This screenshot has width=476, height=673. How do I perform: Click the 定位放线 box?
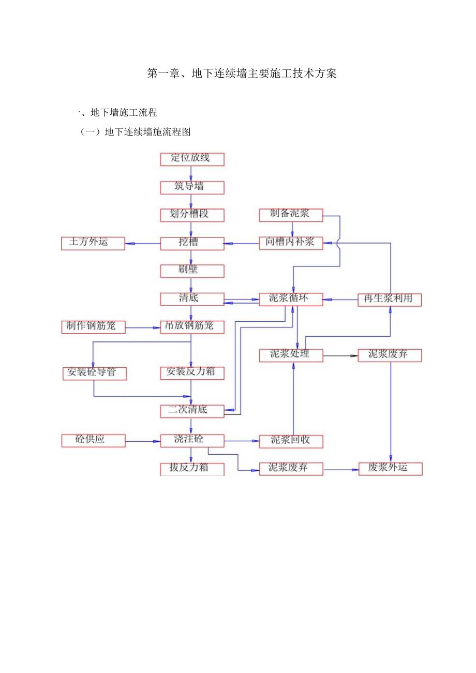[x=192, y=159]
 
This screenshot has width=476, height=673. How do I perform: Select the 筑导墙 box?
[x=192, y=187]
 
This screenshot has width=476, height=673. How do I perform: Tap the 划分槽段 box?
[x=192, y=215]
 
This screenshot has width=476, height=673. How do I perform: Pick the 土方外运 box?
[x=93, y=243]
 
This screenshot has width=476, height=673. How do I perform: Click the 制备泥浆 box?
[x=291, y=215]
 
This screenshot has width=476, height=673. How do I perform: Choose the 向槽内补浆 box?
[x=291, y=243]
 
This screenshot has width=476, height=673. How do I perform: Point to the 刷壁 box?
[x=192, y=271]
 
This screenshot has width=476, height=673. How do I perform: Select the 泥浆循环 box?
[x=291, y=299]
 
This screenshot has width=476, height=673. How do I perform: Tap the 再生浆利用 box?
[x=390, y=300]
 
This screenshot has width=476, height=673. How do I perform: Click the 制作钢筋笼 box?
[x=93, y=327]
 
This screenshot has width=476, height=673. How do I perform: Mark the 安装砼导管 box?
[x=93, y=373]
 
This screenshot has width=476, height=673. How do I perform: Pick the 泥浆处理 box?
[x=291, y=355]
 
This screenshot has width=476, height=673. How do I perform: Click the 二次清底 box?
[x=192, y=411]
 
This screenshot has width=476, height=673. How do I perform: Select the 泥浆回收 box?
[x=291, y=441]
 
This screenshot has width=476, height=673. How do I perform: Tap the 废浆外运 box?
[x=390, y=469]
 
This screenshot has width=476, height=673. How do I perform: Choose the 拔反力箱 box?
[x=192, y=469]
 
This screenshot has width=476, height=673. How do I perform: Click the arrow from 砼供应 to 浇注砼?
[x=143, y=441]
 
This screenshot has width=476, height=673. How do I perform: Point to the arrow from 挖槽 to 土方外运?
[x=143, y=244]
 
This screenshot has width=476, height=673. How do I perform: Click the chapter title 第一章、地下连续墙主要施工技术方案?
[x=242, y=74]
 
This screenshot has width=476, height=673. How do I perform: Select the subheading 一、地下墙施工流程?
[x=114, y=112]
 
